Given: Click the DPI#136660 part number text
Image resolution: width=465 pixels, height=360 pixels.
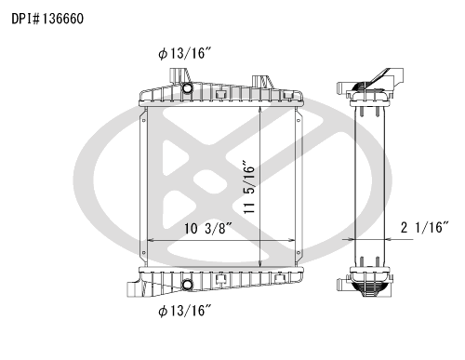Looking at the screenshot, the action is pyautogui.click(x=47, y=19).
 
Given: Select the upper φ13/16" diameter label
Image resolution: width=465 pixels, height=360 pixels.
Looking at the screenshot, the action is pyautogui.click(x=185, y=53).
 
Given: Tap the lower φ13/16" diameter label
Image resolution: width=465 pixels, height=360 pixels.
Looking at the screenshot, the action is pyautogui.click(x=185, y=310).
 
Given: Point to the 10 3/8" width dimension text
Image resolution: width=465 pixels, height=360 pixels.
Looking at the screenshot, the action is pyautogui.click(x=208, y=228).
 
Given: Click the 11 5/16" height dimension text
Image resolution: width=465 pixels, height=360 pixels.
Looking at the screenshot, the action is pyautogui.click(x=249, y=187).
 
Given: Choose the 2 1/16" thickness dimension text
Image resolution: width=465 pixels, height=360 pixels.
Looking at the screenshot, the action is pyautogui.click(x=425, y=227).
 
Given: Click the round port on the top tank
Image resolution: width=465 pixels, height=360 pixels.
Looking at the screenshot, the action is pyautogui.click(x=187, y=88).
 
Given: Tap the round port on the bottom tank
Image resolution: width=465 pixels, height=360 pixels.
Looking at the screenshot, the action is pyautogui.click(x=187, y=285).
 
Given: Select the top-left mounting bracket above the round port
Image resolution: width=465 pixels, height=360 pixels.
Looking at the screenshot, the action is pyautogui.click(x=179, y=76).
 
